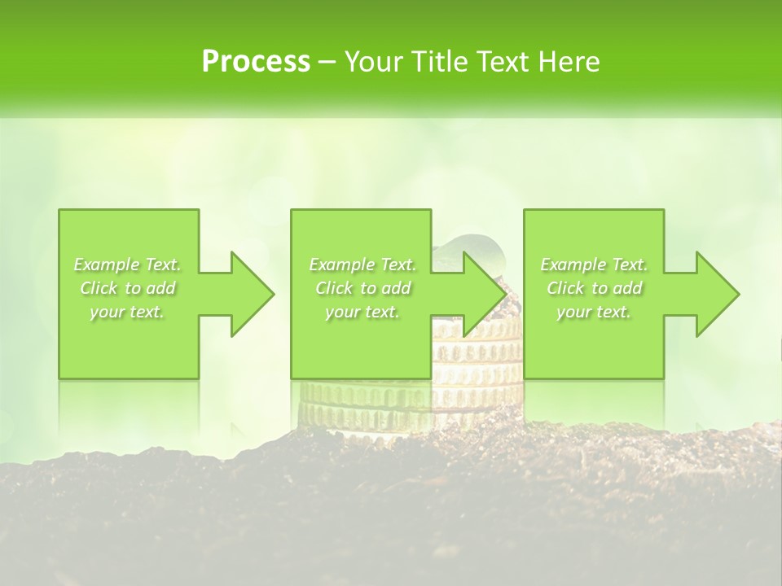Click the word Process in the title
click(256, 62)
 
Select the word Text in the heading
click(503, 62)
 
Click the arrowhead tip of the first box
click(273, 294)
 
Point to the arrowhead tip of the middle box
click(505, 294)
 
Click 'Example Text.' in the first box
click(127, 265)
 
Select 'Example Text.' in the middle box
click(362, 265)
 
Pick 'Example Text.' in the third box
click(594, 265)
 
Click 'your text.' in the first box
click(127, 312)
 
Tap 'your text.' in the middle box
click(362, 312)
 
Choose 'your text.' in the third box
click(594, 312)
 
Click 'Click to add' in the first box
click(127, 288)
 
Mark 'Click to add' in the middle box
click(362, 288)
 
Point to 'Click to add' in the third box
click(594, 288)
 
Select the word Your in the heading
click(373, 62)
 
